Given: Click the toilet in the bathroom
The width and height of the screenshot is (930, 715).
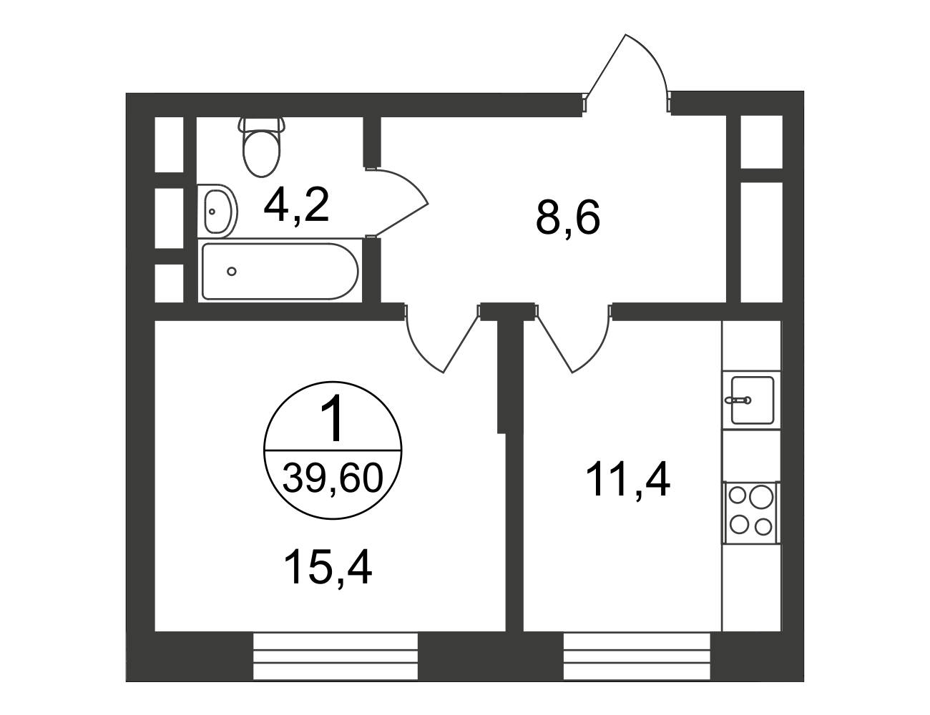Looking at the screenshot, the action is click(x=262, y=147).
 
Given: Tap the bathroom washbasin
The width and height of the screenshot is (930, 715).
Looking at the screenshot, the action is click(x=217, y=211).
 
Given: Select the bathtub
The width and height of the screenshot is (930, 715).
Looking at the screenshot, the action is click(x=280, y=272).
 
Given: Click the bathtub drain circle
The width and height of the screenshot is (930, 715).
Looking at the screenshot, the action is click(x=232, y=271).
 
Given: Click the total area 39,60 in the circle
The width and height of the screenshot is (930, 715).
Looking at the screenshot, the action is click(x=333, y=478).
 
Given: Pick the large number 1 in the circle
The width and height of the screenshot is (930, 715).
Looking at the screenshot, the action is click(x=333, y=418).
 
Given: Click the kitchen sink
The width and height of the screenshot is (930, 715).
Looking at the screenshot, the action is click(x=753, y=400).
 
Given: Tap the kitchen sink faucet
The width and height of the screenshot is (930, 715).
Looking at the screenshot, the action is click(x=738, y=400).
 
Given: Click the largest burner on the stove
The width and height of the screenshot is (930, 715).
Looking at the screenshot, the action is click(x=761, y=497).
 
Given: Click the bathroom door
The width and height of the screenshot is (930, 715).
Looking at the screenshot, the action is click(x=397, y=202).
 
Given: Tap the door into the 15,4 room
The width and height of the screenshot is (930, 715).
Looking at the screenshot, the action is click(x=441, y=337).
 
